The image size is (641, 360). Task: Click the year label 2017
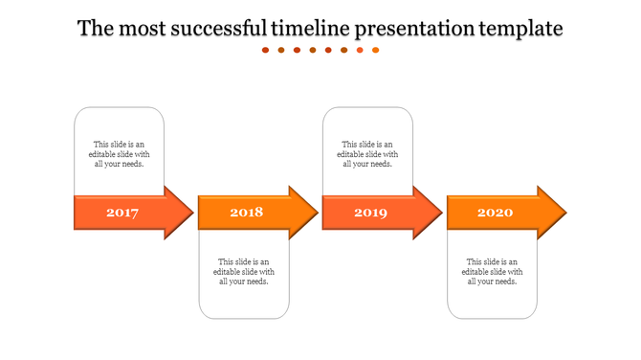[x=122, y=213]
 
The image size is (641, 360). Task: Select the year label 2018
[x=246, y=212]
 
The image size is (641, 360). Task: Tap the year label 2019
[x=370, y=213]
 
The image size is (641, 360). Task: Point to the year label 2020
[x=495, y=212]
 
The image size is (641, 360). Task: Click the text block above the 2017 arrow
[x=120, y=154]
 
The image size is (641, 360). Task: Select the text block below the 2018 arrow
[x=244, y=271]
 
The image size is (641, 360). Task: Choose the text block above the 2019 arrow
[x=368, y=154]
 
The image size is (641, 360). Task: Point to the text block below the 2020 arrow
[x=493, y=271]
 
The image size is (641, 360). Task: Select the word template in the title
[x=520, y=29]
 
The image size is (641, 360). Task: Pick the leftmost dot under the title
[x=266, y=50]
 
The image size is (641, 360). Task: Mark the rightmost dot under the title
[x=375, y=50]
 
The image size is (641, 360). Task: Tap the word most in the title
[x=142, y=29]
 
